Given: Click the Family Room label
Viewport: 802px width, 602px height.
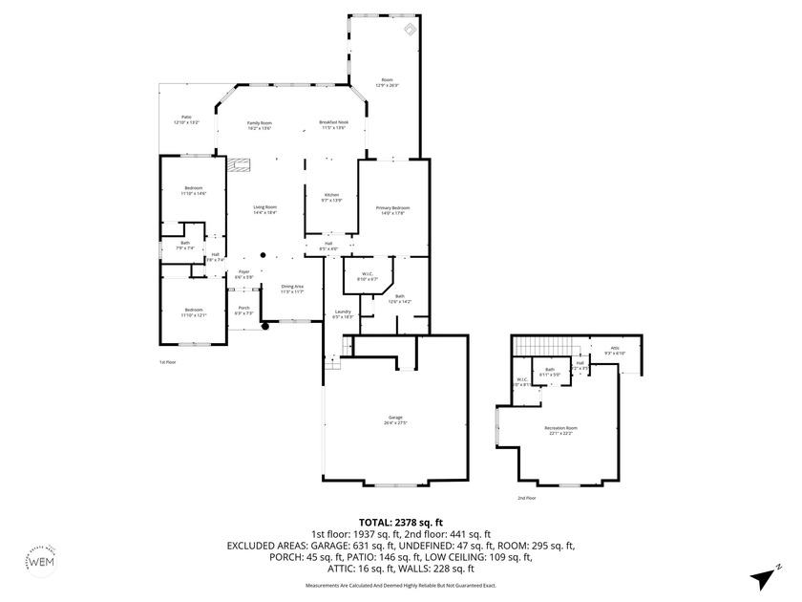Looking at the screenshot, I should [260, 124].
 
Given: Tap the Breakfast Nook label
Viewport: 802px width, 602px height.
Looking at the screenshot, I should [333, 124].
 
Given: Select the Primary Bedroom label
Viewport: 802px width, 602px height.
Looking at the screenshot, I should [392, 209].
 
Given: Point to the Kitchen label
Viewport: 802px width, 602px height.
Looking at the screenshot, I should [331, 197].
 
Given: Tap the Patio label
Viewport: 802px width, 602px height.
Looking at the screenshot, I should [186, 119].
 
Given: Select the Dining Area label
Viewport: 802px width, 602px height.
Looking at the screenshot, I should [292, 288].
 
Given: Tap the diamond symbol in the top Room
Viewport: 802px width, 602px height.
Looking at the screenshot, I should [410, 31].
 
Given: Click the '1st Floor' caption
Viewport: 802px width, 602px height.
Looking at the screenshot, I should [168, 362].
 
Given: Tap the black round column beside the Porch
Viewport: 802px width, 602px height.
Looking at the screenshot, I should [265, 326].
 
